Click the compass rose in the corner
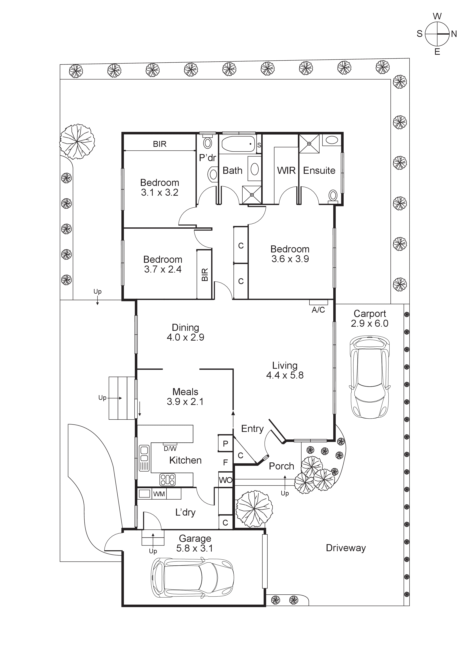point(437,34)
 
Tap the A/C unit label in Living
point(318,310)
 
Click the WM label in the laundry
point(159,494)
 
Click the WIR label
point(286,171)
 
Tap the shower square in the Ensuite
point(309,144)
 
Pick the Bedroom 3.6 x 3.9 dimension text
point(290,259)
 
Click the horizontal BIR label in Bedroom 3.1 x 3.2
point(160,144)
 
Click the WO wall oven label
point(225,480)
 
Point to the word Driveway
point(346,548)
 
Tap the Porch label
point(281,466)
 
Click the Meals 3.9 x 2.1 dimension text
point(185,402)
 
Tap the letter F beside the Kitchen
point(225,462)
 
